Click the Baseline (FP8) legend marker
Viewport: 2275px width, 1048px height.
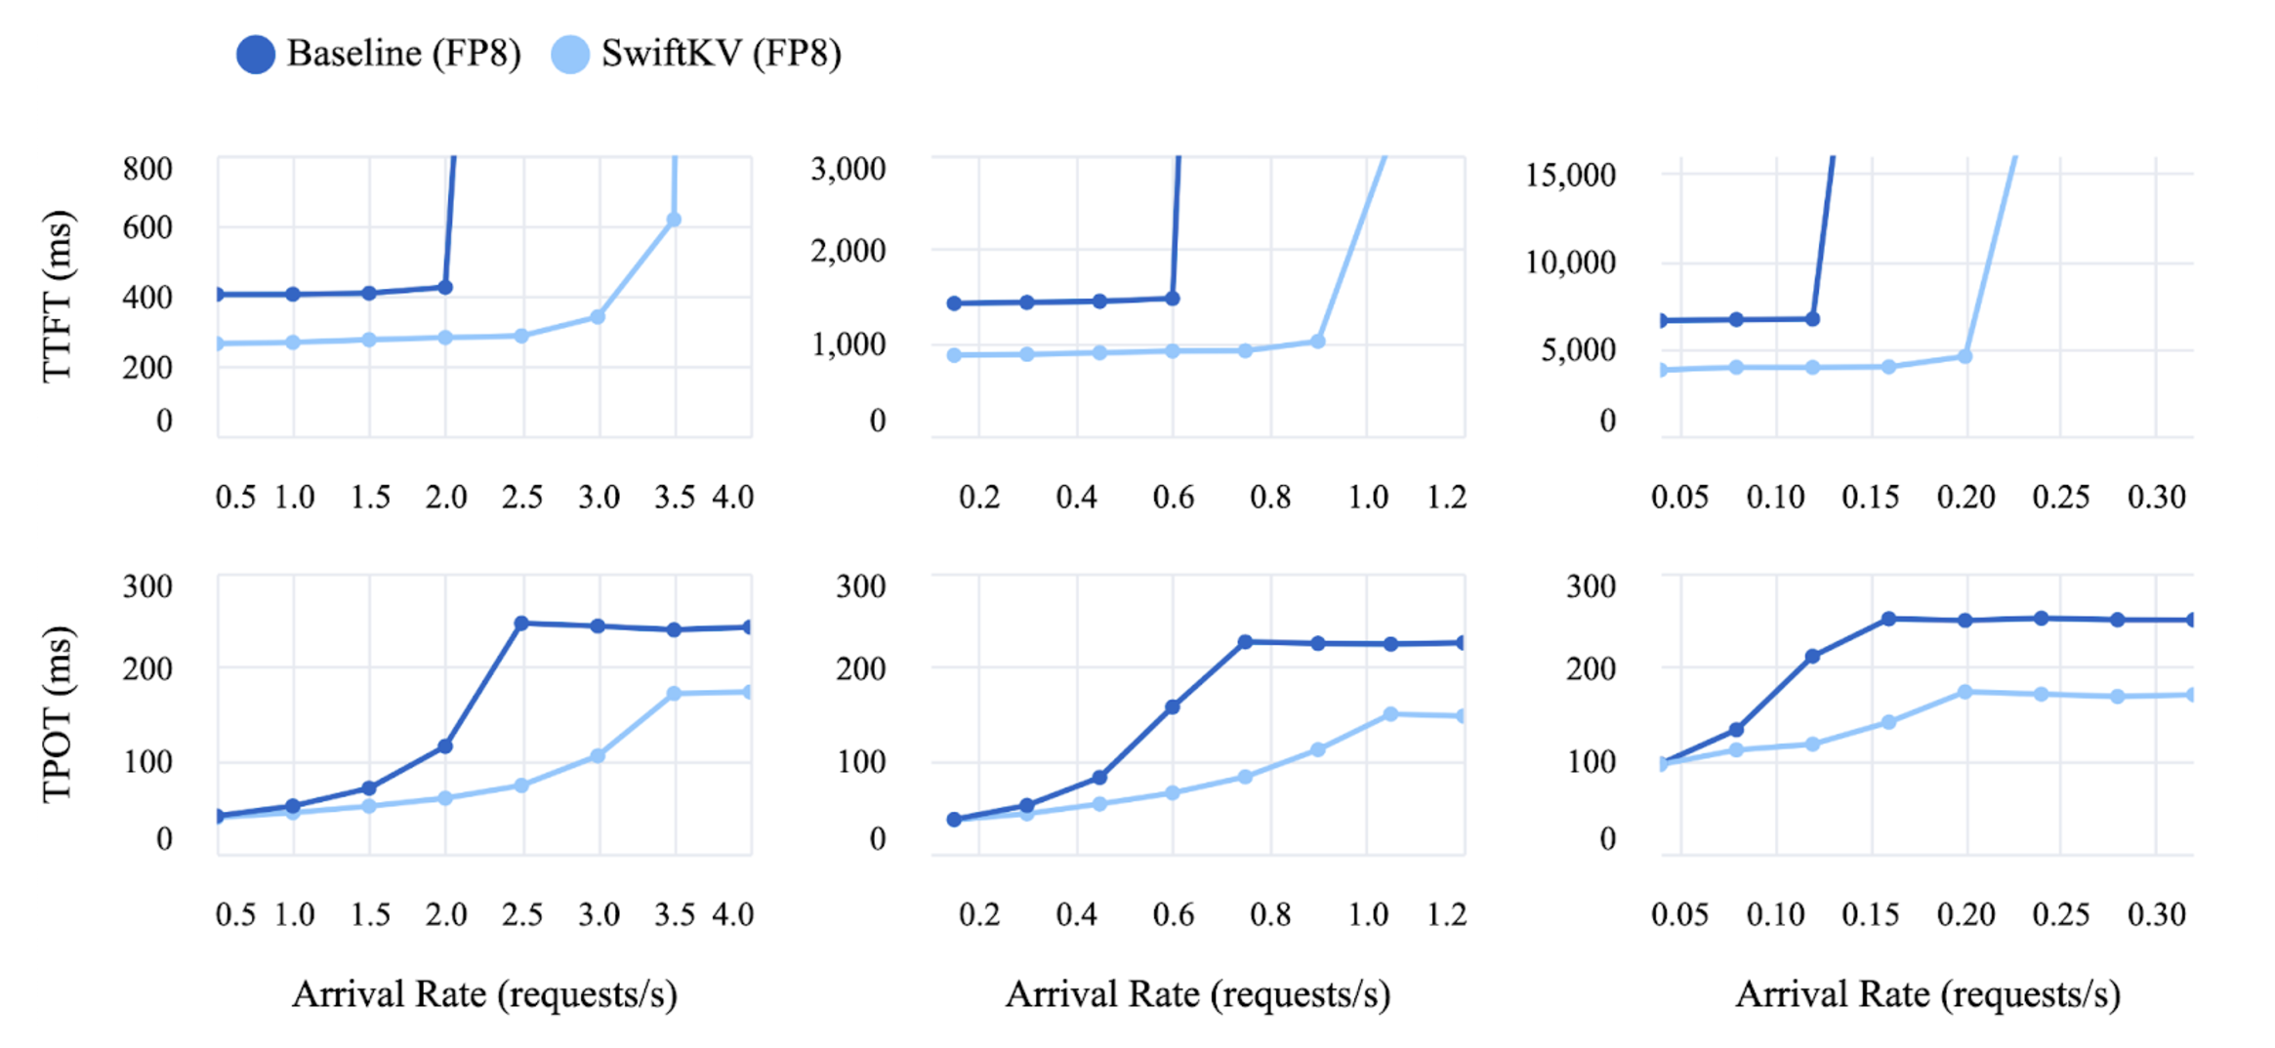256,55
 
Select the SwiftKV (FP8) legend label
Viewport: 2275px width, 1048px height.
721,54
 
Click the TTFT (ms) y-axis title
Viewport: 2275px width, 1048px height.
58,296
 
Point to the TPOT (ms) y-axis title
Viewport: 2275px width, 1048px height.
58,713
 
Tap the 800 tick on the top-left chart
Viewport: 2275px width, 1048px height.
147,169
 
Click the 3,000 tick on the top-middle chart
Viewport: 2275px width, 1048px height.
848,169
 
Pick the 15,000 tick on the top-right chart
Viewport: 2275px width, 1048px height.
1570,176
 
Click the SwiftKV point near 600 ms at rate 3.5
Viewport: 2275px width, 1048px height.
674,221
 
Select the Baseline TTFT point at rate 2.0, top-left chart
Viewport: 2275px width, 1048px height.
445,288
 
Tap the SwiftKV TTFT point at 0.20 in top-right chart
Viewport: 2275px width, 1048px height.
1965,357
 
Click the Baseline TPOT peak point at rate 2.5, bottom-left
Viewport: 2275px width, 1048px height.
521,624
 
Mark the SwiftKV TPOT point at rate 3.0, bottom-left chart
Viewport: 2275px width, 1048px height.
598,756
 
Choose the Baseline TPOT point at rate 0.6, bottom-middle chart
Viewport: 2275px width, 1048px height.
1172,707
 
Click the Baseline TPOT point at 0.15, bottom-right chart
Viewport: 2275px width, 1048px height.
1888,620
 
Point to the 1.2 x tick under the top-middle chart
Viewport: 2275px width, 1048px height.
1446,498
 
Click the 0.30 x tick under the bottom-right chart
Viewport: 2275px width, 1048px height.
2156,915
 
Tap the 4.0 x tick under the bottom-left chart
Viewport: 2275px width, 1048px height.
732,915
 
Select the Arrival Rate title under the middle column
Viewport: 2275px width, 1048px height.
1197,994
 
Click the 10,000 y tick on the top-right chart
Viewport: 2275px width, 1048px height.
1570,262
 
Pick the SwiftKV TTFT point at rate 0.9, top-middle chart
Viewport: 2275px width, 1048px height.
1317,342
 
